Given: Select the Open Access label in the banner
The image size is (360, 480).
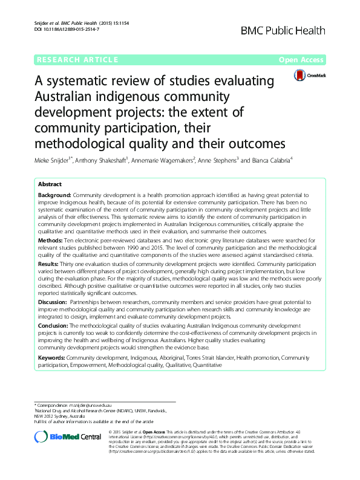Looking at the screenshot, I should pyautogui.click(x=301, y=60).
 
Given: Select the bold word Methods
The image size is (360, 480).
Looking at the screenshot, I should pyautogui.click(x=50, y=240).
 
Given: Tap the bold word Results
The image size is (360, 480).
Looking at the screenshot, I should pyautogui.click(x=49, y=265).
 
